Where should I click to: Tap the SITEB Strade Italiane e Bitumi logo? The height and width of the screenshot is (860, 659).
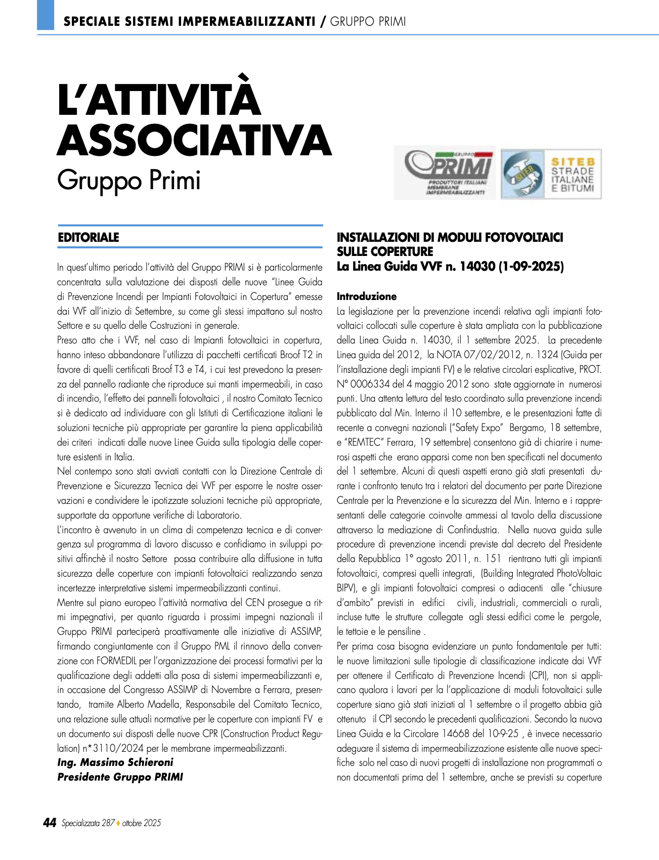(551, 174)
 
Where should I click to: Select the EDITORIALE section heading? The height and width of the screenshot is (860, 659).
(89, 237)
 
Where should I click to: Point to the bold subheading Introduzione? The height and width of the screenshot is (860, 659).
(367, 296)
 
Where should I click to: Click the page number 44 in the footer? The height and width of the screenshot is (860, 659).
(49, 823)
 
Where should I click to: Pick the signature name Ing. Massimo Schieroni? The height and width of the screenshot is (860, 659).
(115, 762)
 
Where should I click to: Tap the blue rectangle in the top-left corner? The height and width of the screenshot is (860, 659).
(45, 15)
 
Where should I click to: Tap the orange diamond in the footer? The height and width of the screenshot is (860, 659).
(118, 823)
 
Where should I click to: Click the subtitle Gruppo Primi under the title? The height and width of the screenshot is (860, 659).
(129, 181)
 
